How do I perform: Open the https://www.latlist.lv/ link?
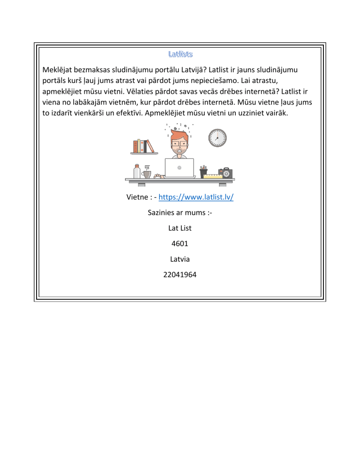196,197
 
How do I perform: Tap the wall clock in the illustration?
217,138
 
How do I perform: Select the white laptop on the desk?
179,168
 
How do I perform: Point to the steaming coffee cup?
147,173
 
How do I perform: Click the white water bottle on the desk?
136,171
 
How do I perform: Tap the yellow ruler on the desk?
213,176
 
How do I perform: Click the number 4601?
180,243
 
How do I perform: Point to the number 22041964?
180,273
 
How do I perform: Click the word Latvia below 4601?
180,258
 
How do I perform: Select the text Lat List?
180,228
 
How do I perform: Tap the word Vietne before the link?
138,197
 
